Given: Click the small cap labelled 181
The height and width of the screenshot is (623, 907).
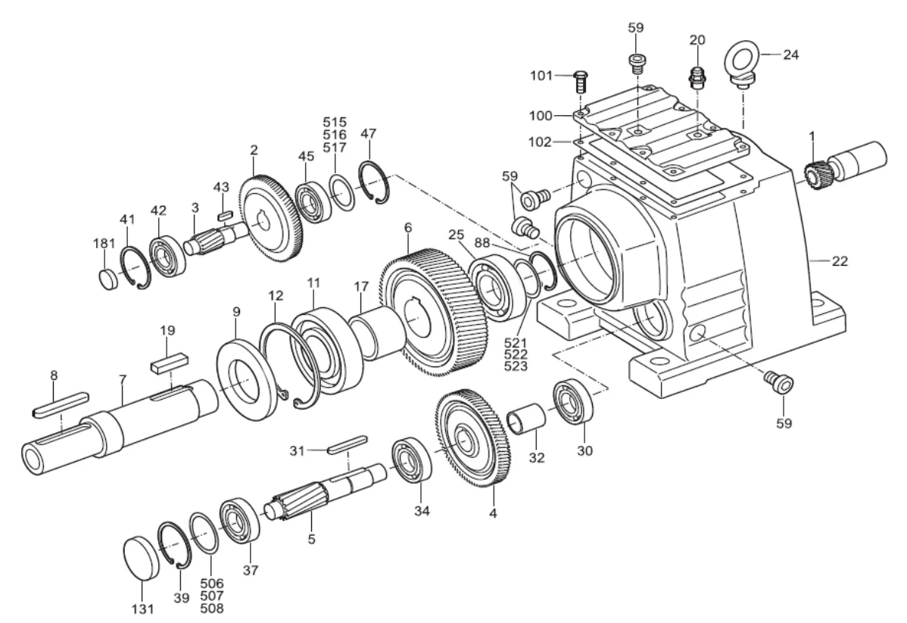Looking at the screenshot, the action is [109, 279].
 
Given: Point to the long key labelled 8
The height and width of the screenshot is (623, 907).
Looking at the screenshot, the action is [60, 404].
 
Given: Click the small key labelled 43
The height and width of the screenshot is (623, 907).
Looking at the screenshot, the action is [224, 214].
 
